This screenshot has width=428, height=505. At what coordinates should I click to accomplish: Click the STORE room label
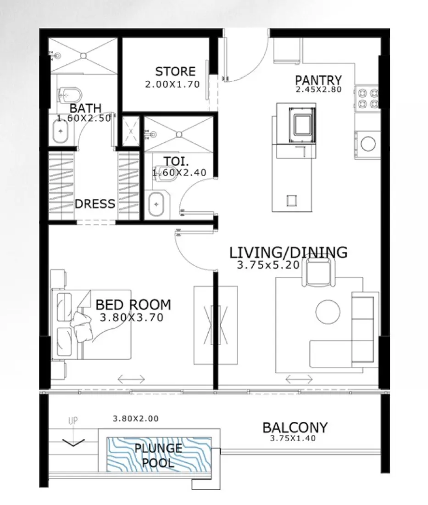tap(175, 72)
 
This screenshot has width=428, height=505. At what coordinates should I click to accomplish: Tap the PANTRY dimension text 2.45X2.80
tap(319, 90)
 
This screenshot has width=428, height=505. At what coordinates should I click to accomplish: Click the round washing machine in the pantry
tap(368, 143)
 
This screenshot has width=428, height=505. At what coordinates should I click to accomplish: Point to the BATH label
tap(85, 109)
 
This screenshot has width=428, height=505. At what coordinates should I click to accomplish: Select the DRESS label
tap(95, 204)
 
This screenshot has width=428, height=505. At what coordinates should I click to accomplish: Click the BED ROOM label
tap(133, 305)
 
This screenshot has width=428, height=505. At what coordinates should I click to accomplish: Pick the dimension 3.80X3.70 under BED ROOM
tap(131, 318)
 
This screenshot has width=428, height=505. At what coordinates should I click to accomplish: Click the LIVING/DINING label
tap(288, 252)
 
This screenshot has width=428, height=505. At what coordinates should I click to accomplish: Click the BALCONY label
tap(295, 428)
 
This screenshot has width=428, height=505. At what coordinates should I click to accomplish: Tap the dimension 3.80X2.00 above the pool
tap(135, 419)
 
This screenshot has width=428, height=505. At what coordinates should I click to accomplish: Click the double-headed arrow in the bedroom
tap(131, 379)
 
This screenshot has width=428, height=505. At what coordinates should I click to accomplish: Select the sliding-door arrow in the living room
tap(299, 379)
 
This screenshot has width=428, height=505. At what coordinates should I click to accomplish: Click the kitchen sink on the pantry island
tap(302, 123)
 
